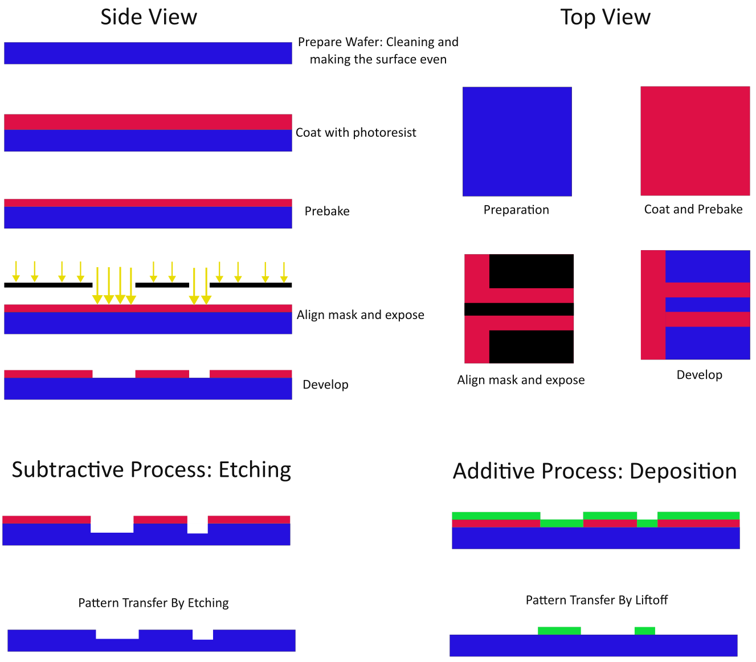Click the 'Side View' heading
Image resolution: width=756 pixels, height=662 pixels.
point(149,17)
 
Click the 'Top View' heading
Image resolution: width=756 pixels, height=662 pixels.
point(605,17)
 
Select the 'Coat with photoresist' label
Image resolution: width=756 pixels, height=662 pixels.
point(355,132)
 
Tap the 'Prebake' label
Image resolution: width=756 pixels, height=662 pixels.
point(326,211)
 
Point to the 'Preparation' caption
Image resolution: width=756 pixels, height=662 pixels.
point(516,210)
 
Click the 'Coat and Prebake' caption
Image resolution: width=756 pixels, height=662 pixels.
point(693,209)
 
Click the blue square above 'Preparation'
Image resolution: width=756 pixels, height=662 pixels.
point(517,141)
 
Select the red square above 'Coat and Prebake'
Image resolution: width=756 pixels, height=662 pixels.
point(695,141)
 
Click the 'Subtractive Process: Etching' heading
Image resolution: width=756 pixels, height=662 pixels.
point(151,470)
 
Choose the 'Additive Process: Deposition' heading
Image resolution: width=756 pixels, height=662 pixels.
point(595,471)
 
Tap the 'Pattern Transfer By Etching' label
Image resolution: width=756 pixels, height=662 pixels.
point(153,603)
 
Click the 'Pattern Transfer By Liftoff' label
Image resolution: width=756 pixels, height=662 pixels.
point(596,600)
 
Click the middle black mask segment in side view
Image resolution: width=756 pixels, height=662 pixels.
point(162,285)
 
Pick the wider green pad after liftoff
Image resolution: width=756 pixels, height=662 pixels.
point(559,631)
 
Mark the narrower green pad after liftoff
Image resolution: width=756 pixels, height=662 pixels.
point(645,631)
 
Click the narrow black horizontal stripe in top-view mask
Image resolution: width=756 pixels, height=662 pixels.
point(519,309)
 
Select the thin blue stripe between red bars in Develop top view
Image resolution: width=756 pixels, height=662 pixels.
point(708,304)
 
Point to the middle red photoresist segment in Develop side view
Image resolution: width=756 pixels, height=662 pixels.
point(162,374)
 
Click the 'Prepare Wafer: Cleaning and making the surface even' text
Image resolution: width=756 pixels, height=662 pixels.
point(378,51)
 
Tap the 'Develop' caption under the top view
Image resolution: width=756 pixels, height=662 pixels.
point(699,375)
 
